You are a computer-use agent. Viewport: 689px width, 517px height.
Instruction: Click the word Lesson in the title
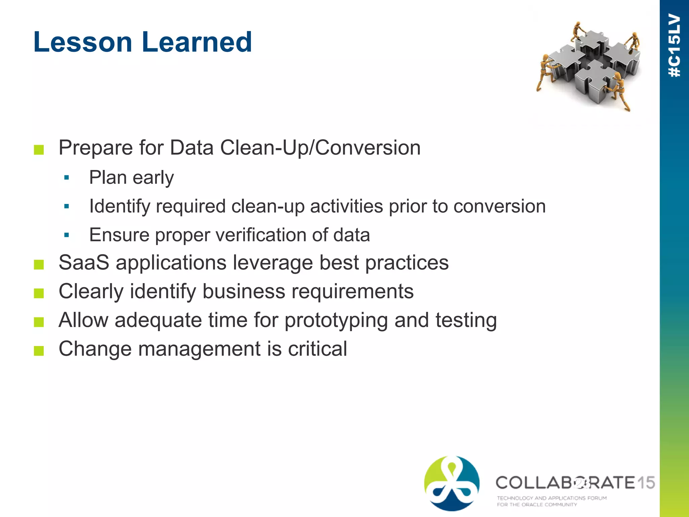pos(83,42)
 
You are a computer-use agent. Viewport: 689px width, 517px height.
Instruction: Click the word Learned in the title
pos(197,42)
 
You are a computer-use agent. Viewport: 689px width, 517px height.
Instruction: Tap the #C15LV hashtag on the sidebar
pos(675,45)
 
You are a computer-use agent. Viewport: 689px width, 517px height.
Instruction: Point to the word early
pos(153,178)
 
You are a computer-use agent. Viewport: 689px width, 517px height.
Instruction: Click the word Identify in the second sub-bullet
pos(119,206)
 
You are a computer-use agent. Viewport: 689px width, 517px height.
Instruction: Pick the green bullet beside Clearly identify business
pos(39,293)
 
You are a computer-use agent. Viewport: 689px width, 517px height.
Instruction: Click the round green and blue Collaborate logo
pos(452,483)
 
